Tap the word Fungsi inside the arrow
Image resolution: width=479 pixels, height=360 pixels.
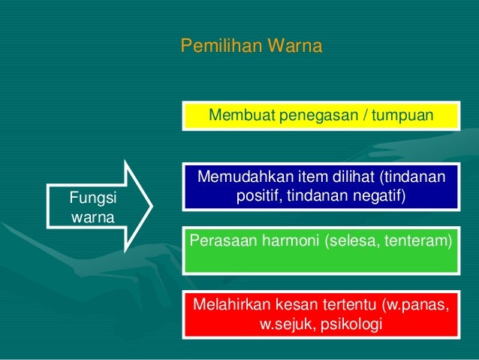point(89,198)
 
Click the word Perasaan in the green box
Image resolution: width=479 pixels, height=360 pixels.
point(221,241)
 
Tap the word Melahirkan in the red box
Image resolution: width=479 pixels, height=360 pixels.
point(230,306)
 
